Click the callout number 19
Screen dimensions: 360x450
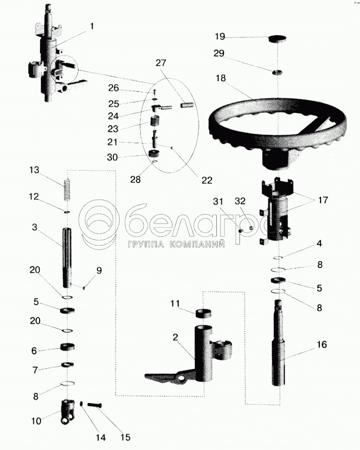220,36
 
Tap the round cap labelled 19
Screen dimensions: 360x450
278,39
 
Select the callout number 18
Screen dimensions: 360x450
220,78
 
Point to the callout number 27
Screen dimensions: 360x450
161,62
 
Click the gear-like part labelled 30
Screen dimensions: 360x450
154,155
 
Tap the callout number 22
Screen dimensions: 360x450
207,180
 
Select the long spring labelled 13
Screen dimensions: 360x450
67,189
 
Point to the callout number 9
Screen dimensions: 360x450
99,271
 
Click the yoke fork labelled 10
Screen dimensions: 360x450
68,411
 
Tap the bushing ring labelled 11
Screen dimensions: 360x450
203,313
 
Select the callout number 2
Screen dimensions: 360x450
175,337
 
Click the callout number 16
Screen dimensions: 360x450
322,344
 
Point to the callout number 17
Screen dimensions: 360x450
323,200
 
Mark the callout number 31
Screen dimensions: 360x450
218,202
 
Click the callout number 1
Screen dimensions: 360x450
92,26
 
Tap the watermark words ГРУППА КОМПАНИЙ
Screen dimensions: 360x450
176,244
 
